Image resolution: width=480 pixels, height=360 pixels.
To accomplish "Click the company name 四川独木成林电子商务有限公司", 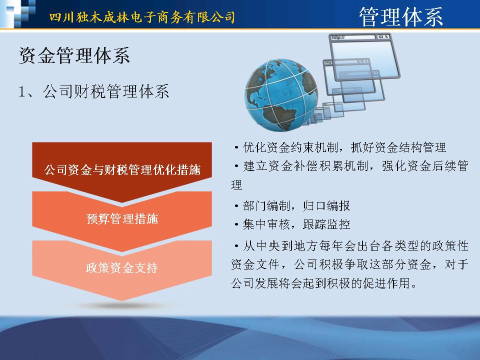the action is (x=142, y=17).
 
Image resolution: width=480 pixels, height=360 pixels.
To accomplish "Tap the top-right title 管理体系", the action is (x=401, y=16).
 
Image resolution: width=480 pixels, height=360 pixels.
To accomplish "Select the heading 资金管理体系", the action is (x=74, y=55).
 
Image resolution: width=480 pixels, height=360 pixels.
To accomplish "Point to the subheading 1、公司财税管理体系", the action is (x=93, y=91).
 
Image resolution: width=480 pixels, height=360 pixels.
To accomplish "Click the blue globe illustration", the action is (x=281, y=95).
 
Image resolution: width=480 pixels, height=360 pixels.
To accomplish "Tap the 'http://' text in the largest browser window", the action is (x=337, y=37).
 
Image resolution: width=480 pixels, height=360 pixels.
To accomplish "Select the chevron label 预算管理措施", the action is (x=122, y=218).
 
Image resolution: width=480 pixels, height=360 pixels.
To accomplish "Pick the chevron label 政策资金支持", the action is (x=122, y=267).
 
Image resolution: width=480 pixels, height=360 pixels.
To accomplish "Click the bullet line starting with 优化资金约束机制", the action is (x=339, y=147).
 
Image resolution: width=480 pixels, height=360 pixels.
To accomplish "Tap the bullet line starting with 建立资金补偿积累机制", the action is (x=350, y=166).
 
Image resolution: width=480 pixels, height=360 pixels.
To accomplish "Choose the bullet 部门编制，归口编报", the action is (x=291, y=205).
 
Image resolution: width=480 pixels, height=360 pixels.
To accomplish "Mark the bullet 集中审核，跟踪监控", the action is (x=291, y=224).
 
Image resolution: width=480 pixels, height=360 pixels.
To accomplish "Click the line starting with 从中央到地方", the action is (x=351, y=246).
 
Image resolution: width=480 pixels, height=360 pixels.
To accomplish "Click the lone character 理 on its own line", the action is (x=236, y=185).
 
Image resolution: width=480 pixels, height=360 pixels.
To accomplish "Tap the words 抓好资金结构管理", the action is (x=398, y=147).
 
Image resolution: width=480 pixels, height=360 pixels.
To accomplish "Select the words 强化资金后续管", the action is (x=425, y=166).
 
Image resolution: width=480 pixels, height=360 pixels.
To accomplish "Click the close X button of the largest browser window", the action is (x=387, y=36).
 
